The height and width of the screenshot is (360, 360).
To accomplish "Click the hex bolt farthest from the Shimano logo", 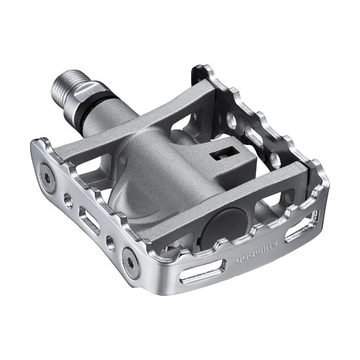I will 47,171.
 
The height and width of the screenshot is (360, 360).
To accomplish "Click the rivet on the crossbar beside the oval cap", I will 288,197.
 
